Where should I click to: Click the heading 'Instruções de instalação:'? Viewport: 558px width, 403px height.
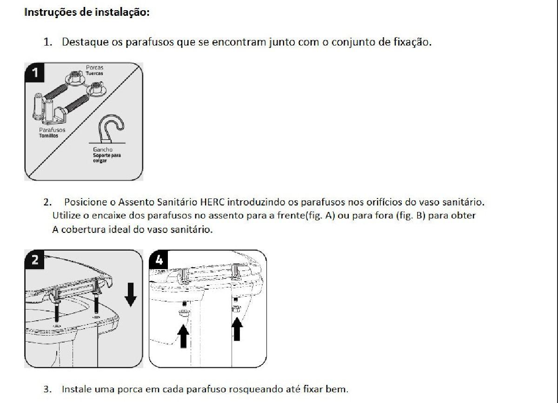(86, 12)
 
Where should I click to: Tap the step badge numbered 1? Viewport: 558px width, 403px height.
(35, 73)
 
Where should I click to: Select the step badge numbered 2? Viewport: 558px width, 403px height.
(35, 260)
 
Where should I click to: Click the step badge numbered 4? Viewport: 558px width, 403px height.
(159, 260)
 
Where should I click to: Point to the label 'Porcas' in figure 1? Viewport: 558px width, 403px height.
(95, 67)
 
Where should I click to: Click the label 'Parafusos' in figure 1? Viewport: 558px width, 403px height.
(52, 130)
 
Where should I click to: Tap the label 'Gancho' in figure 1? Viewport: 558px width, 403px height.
(102, 150)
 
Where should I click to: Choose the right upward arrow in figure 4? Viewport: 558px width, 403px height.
(237, 328)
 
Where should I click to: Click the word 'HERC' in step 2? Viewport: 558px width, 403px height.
(213, 203)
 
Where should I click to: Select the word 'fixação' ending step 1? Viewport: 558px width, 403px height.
(413, 42)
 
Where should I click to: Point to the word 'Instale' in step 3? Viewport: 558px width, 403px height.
(77, 389)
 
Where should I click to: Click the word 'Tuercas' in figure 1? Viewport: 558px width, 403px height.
(94, 73)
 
